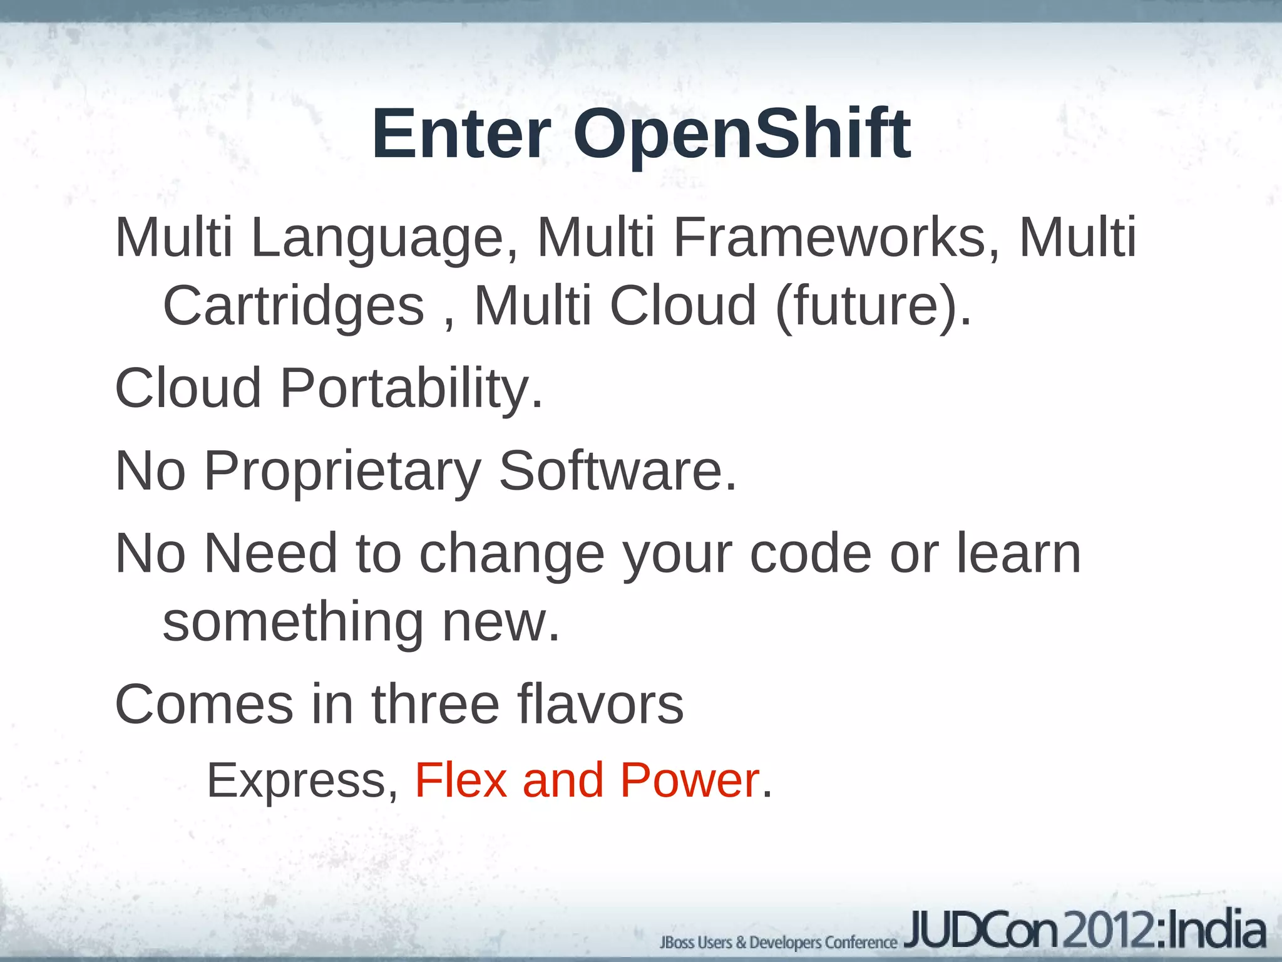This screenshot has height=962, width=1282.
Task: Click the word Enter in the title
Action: pyautogui.click(x=461, y=135)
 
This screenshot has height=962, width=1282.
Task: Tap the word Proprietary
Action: pyautogui.click(x=342, y=471)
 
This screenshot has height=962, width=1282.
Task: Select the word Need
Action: pyautogui.click(x=270, y=553)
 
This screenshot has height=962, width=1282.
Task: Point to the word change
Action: pyautogui.click(x=511, y=554)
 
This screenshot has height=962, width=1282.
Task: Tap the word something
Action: pyautogui.click(x=293, y=623)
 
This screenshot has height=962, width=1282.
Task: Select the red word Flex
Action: pyautogui.click(x=461, y=780)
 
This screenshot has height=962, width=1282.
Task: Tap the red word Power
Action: pyautogui.click(x=689, y=780)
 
